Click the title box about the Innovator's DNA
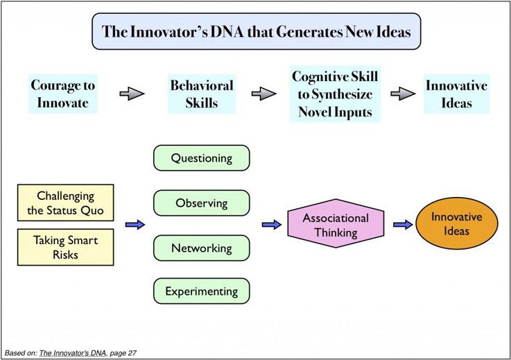tap(256, 31)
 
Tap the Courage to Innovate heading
tap(63, 95)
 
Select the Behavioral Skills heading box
tap(201, 95)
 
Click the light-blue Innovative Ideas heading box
tap(456, 95)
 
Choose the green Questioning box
tap(201, 158)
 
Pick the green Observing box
tap(201, 203)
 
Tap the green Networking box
tap(201, 247)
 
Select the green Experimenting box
tap(201, 291)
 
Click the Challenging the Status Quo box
tap(65, 203)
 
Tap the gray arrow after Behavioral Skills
tap(262, 95)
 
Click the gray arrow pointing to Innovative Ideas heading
tap(402, 95)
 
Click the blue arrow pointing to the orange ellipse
tap(402, 225)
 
